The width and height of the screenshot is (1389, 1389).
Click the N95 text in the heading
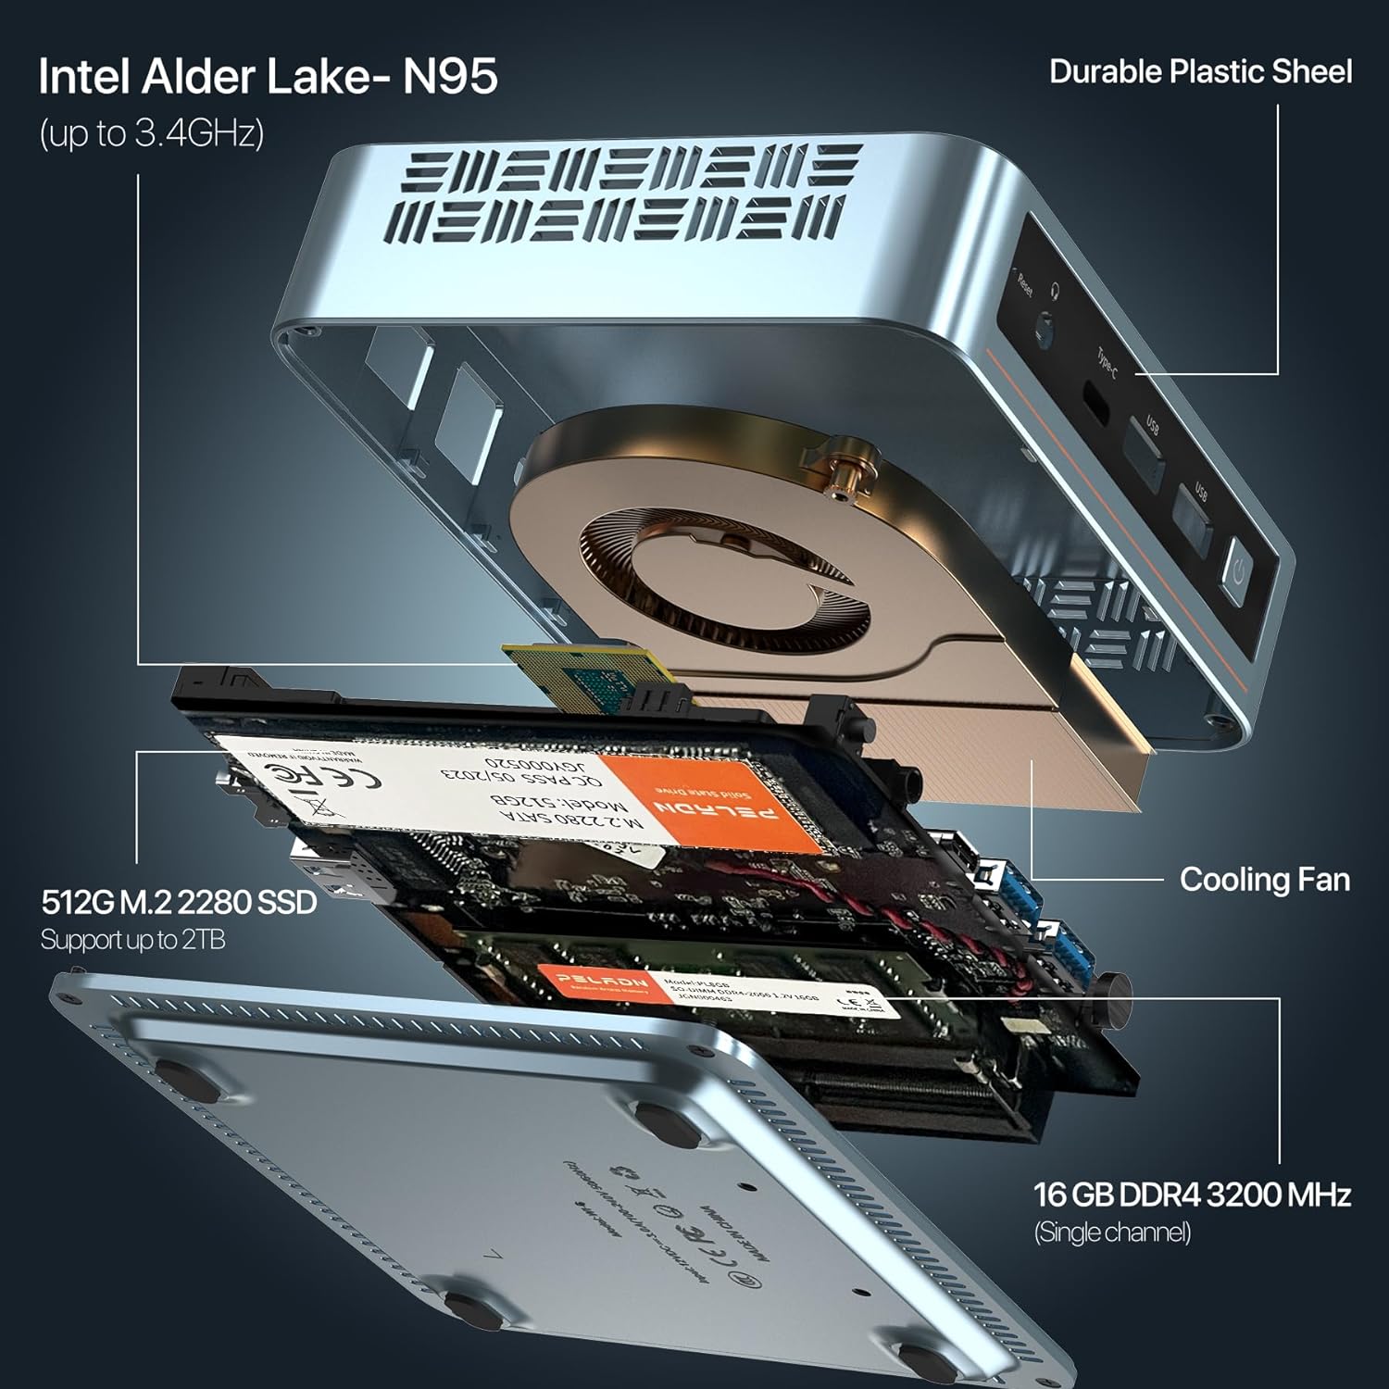[x=450, y=76]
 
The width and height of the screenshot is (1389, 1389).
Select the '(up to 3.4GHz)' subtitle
[x=151, y=133]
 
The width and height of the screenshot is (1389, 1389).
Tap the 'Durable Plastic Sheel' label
[x=1200, y=72]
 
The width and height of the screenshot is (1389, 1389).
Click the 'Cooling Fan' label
[x=1264, y=880]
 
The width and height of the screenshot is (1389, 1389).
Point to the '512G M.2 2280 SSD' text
[x=180, y=902]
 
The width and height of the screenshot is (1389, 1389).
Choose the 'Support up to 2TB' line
[x=132, y=940]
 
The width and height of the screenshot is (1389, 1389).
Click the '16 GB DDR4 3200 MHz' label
[x=1192, y=1195]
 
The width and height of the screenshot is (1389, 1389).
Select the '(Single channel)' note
[x=1112, y=1233]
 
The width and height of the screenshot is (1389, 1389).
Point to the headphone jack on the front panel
[x=1046, y=330]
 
